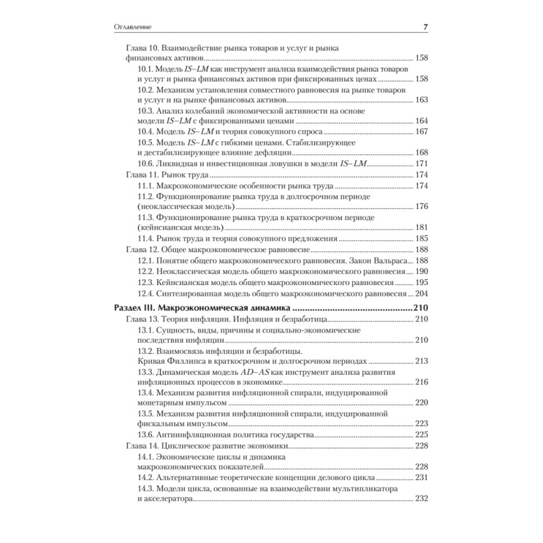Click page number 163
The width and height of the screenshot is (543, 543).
tap(421, 100)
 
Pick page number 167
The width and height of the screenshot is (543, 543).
tap(421, 131)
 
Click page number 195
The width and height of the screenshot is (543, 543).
tap(421, 282)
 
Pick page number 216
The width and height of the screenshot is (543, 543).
tap(421, 382)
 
